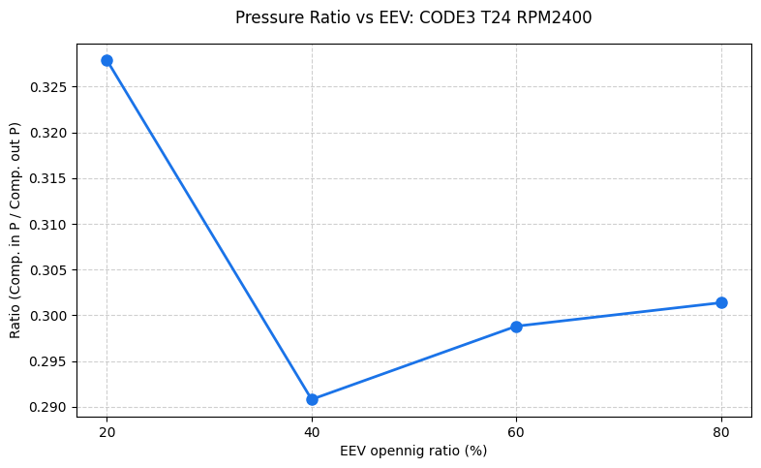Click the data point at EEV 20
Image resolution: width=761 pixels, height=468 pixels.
coord(107,60)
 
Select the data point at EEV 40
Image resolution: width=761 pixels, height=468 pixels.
coord(312,399)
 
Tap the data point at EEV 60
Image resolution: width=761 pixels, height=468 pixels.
coord(516,327)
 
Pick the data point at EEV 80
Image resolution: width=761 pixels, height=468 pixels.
coord(721,302)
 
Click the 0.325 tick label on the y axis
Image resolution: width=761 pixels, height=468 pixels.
coord(50,87)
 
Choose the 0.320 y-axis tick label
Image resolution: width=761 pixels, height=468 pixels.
coord(50,133)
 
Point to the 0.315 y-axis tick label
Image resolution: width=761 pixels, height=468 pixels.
coord(50,178)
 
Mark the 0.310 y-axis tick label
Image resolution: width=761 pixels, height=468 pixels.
coord(50,225)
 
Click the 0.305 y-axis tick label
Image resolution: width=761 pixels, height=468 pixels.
coord(50,270)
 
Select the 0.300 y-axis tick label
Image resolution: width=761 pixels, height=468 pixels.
coord(50,316)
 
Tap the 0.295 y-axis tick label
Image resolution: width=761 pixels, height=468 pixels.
coord(50,361)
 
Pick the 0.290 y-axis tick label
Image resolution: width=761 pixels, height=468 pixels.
coord(50,407)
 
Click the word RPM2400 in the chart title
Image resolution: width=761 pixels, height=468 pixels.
coord(556,17)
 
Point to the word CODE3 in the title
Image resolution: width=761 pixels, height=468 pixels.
coord(437,17)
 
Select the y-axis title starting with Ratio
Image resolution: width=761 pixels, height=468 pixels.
coord(15,230)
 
